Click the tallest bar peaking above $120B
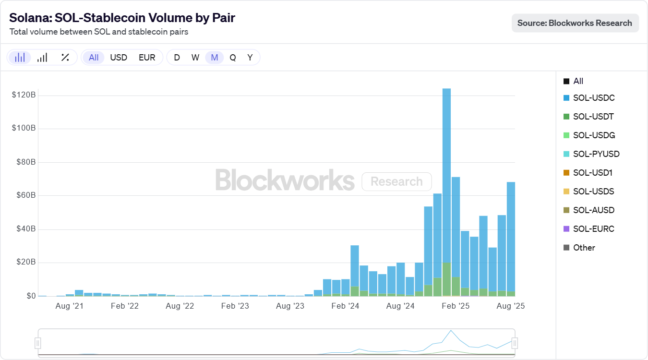pos(446,192)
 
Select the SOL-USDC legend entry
pos(593,98)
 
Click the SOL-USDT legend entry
pos(593,117)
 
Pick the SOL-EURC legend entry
pos(593,229)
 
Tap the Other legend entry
pos(584,248)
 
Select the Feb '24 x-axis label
pos(346,306)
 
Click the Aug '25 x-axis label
pos(511,306)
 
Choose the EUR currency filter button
pos(147,58)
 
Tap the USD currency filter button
pos(119,58)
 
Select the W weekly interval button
pos(195,58)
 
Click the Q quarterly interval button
pos(233,58)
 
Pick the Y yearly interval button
pos(250,58)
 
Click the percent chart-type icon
pos(65,58)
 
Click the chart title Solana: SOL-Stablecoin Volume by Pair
pos(122,18)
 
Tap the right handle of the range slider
pos(515,343)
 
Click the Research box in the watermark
pos(396,182)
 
